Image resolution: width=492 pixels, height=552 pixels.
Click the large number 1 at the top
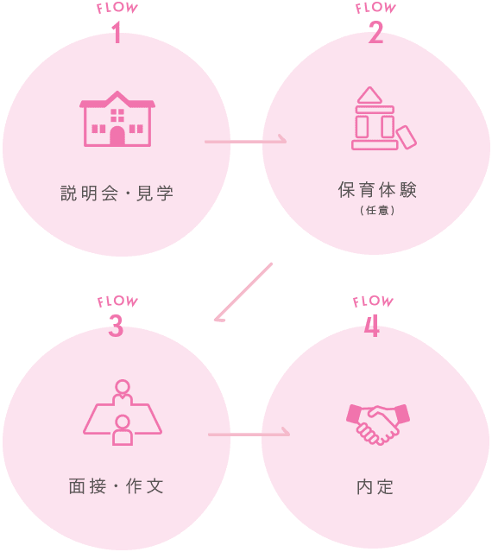click(x=117, y=33)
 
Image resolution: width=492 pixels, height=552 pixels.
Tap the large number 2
click(x=375, y=33)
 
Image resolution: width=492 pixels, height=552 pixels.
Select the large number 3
click(x=116, y=326)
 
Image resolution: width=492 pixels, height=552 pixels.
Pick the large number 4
click(x=372, y=326)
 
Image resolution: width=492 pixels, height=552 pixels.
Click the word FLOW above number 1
click(x=117, y=9)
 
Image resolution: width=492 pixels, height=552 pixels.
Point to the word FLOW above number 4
click(x=373, y=301)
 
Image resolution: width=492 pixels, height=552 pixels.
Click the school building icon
click(x=117, y=118)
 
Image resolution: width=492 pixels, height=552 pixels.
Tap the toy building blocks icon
click(x=384, y=118)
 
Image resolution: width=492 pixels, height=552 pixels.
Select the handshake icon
click(x=378, y=424)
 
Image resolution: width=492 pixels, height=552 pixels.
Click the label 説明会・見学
click(x=117, y=194)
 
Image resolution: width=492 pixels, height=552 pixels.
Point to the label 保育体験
click(x=377, y=190)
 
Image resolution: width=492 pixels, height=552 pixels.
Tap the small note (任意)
click(x=377, y=211)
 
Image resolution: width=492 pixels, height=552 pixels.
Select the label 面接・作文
click(x=116, y=486)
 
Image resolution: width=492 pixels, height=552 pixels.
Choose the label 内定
click(x=375, y=487)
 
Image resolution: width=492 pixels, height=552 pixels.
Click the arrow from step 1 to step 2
click(x=245, y=142)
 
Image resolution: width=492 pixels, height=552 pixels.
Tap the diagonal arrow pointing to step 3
click(x=243, y=292)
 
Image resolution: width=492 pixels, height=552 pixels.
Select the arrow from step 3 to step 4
click(x=249, y=435)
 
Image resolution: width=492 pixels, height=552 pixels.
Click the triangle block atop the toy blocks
click(x=369, y=95)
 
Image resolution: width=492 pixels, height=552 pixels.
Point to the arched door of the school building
click(x=117, y=136)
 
